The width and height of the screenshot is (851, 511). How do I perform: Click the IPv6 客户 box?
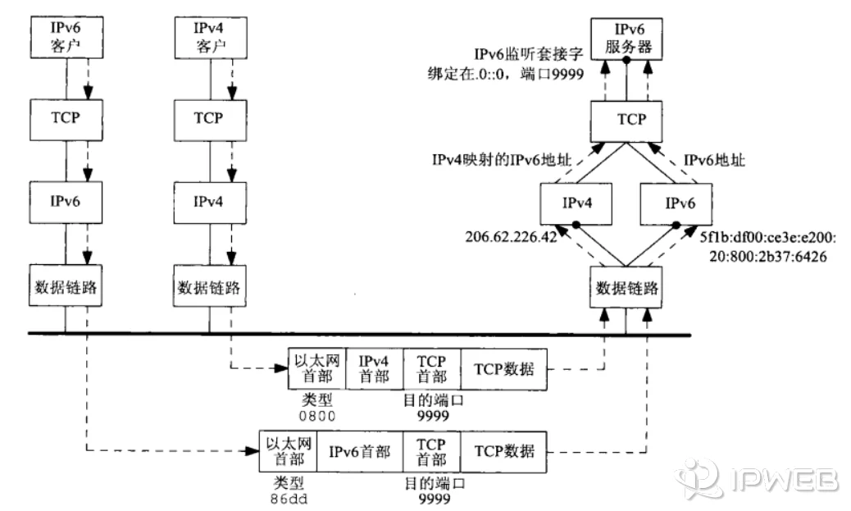65,36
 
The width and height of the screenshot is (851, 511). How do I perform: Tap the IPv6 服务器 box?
627,40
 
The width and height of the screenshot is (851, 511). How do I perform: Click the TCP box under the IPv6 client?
65,117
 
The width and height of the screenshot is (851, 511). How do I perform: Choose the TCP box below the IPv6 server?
627,120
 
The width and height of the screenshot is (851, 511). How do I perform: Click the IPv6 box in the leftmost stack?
65,199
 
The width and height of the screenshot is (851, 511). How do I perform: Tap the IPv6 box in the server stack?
674,201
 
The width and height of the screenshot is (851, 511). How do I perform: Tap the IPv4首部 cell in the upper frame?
375,368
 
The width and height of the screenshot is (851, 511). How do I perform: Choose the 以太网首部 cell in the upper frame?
317,368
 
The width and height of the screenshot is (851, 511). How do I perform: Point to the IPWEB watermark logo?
758,477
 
